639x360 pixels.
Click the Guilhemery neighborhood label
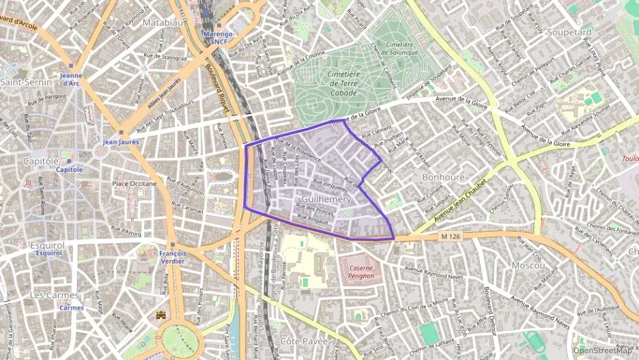pos(326,199)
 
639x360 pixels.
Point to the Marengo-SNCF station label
pos(219,38)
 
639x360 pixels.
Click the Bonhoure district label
pos(443,177)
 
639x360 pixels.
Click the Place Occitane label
pos(134,184)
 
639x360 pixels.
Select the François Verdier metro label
pos(173,258)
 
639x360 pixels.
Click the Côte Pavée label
pos(304,340)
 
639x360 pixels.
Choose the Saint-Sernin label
pos(23,82)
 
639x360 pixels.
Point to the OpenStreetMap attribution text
pos(603,351)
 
